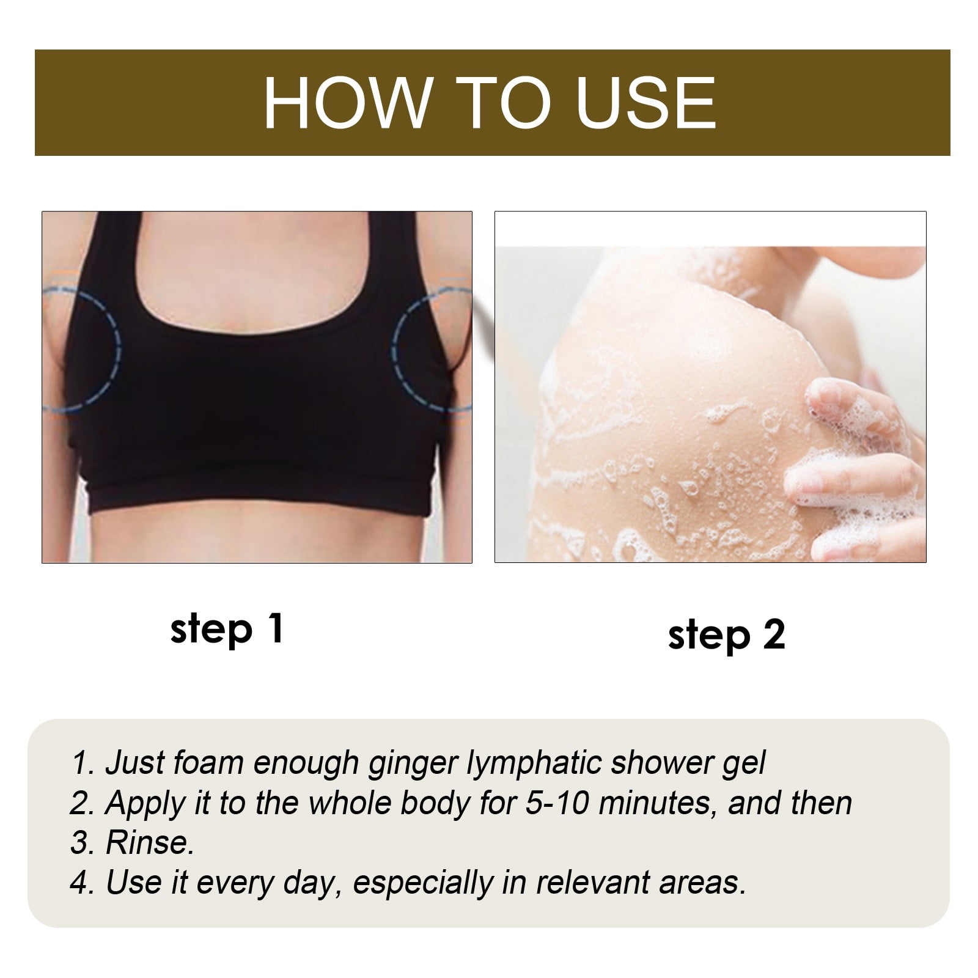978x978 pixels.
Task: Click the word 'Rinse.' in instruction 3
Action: point(150,843)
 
